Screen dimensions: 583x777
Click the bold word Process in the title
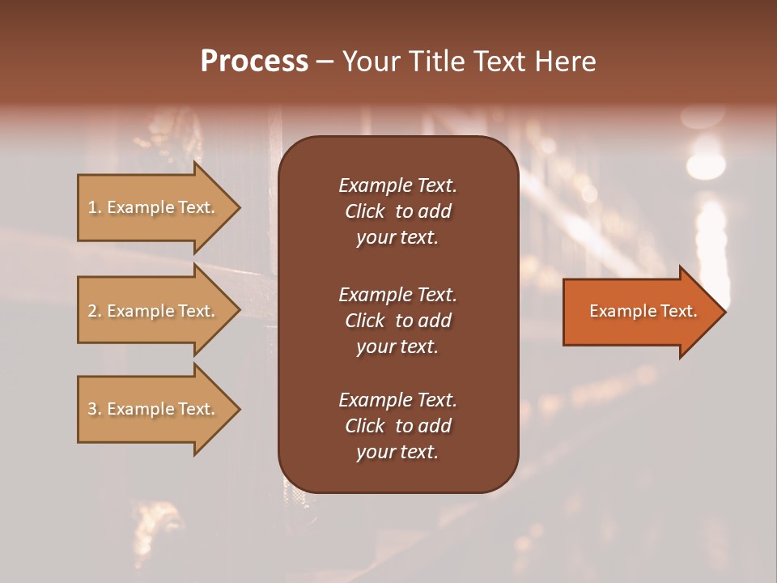pos(254,62)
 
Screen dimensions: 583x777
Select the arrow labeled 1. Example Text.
pos(154,208)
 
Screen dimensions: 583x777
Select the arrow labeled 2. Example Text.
pos(154,311)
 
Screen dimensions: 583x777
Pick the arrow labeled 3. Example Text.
pos(154,409)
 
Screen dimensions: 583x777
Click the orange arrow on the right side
pos(639,312)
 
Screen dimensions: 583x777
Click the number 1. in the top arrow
pos(95,208)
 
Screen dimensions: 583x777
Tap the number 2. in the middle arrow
pos(95,311)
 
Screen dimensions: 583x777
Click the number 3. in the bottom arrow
pos(95,409)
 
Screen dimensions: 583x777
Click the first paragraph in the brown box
pos(397,211)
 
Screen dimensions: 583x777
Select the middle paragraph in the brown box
pos(397,321)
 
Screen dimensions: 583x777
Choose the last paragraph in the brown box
pos(397,426)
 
